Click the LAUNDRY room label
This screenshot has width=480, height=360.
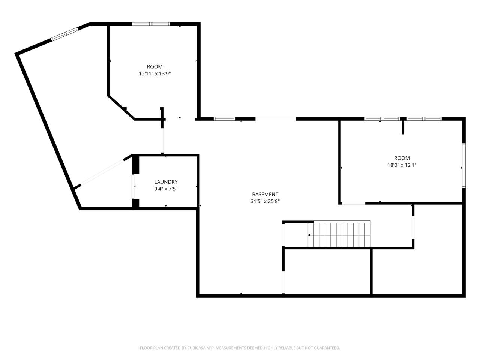coord(165,182)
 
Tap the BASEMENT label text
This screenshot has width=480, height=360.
coord(265,194)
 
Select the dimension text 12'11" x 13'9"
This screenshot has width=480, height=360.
coord(154,73)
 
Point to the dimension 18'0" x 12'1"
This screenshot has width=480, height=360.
coord(402,165)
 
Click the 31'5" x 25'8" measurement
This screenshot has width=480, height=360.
coord(265,201)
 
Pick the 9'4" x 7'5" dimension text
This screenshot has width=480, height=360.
coord(165,189)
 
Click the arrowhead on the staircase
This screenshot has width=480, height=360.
coord(309,235)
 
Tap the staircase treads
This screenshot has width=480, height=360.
coord(339,234)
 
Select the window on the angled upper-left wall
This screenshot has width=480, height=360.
coord(65,34)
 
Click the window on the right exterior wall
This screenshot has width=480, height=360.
coord(463,165)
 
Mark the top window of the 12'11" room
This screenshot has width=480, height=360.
coord(151,24)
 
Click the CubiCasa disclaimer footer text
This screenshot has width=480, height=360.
coord(240,348)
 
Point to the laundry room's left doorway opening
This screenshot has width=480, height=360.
coord(133,186)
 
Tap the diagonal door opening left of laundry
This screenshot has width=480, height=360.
coord(102,172)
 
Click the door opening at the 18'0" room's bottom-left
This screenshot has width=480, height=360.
coord(354,203)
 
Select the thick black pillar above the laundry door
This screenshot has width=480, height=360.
coord(135,164)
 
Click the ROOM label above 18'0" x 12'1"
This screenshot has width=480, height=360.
coord(402,158)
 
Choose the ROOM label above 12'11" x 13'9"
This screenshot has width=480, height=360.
coord(154,67)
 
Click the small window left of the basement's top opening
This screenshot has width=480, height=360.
coord(225,119)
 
